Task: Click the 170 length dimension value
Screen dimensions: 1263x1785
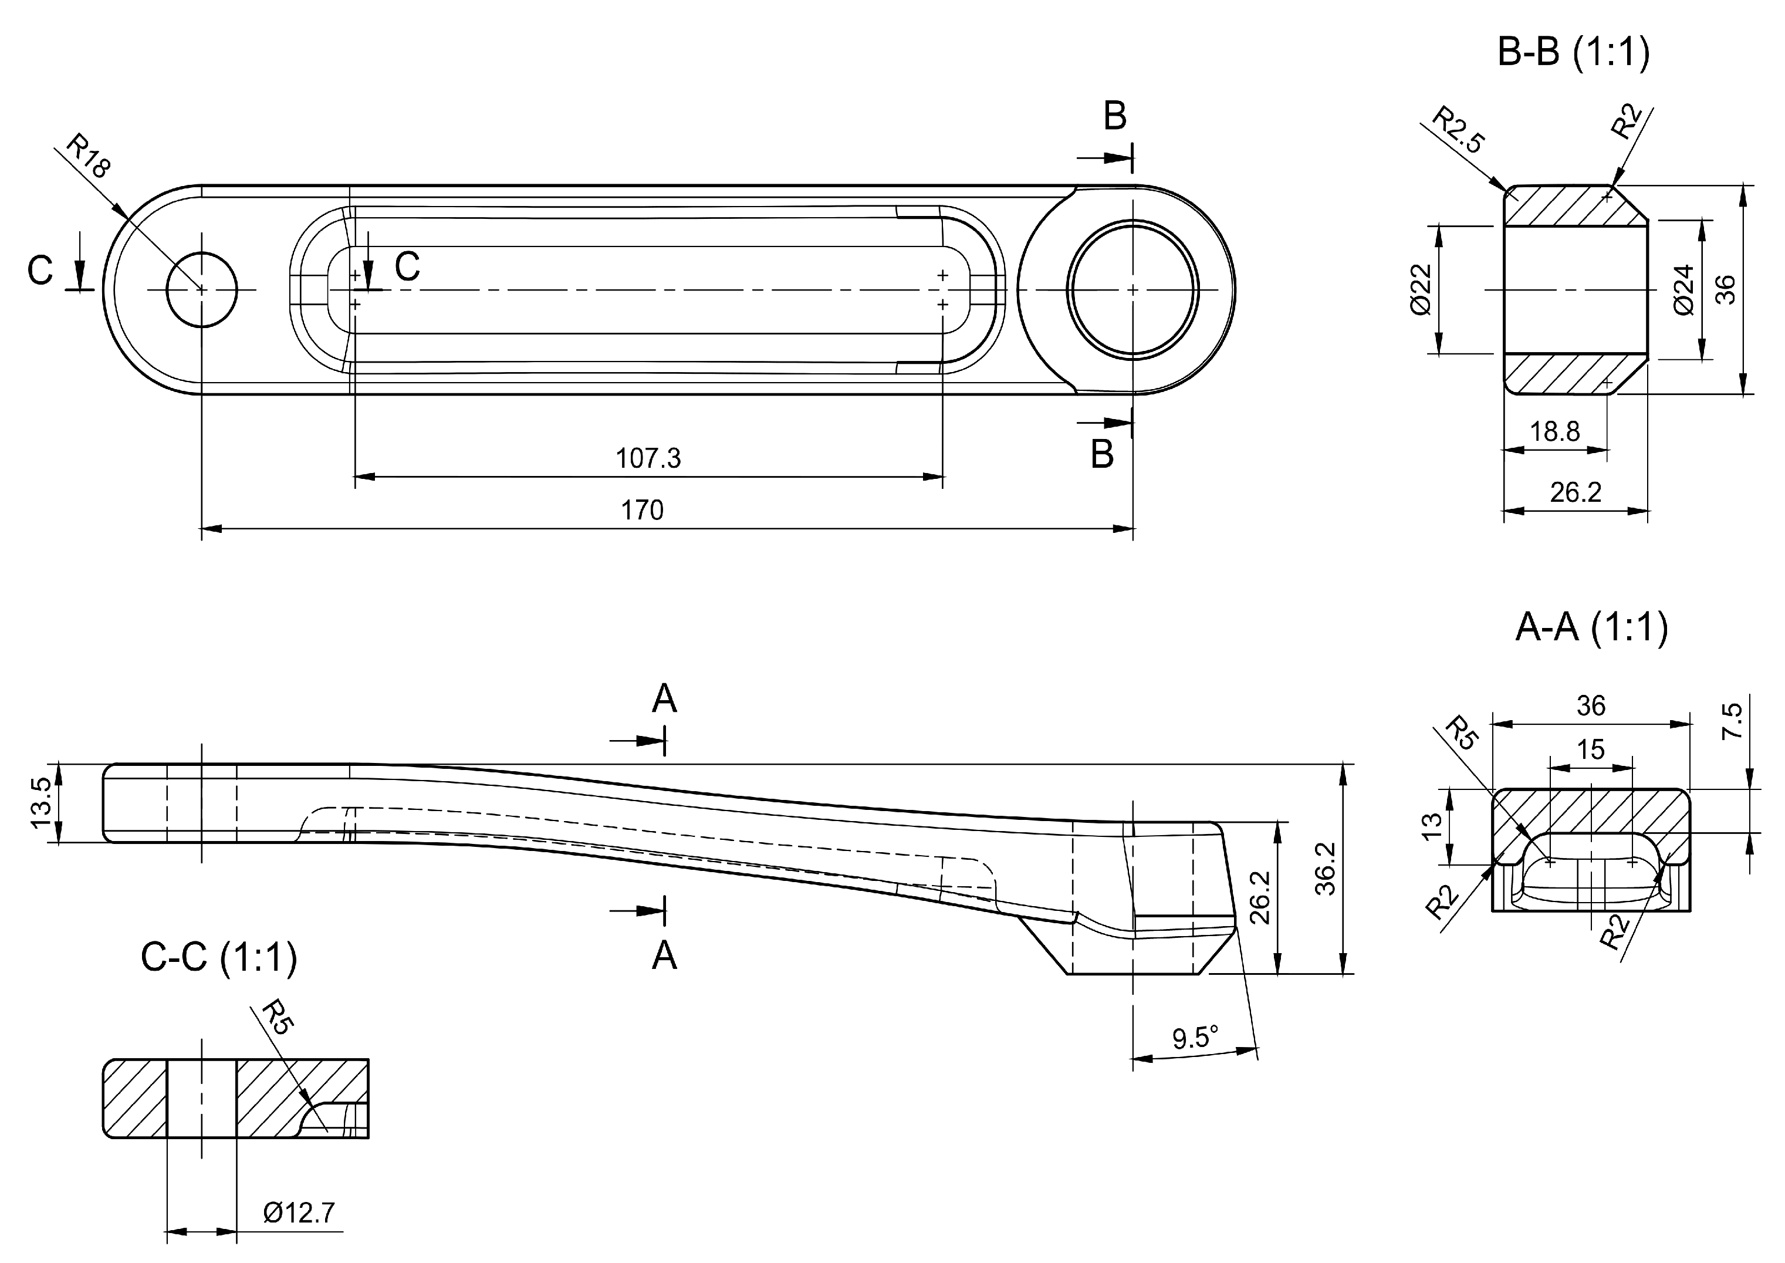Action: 641,510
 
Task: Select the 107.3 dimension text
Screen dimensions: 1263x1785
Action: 648,458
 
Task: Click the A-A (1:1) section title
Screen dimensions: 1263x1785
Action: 1591,627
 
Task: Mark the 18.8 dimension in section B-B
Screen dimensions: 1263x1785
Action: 1554,431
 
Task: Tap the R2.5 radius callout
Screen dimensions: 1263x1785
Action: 1459,131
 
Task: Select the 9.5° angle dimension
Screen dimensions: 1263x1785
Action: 1195,1038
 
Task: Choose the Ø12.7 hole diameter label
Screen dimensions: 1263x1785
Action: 299,1213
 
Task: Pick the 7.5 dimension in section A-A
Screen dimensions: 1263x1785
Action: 1733,721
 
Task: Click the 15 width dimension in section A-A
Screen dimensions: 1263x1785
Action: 1591,749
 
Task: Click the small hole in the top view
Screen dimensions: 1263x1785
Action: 202,290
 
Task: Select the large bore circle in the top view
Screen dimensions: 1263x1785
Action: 1132,290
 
